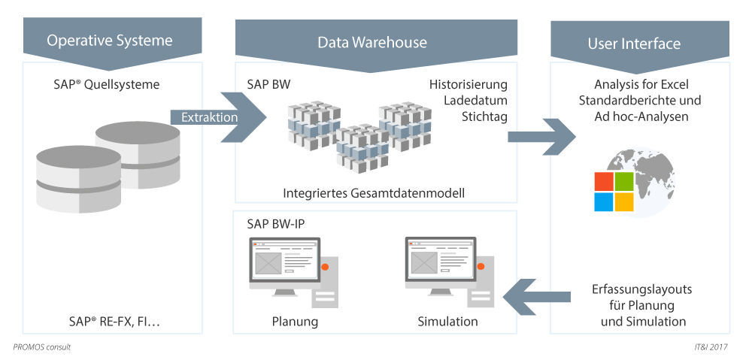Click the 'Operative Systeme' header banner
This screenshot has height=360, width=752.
(110, 41)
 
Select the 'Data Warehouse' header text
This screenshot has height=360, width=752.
(371, 42)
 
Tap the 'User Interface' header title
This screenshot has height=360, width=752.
(633, 44)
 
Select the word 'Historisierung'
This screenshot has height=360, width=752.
(468, 83)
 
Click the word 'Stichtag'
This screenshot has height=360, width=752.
(484, 116)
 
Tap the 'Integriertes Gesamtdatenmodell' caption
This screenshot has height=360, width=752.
(374, 193)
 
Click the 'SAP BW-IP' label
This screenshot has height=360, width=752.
(276, 223)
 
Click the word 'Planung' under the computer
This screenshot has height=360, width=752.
(295, 322)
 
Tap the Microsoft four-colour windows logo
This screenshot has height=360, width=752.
(614, 192)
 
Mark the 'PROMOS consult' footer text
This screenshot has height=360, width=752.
(42, 347)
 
